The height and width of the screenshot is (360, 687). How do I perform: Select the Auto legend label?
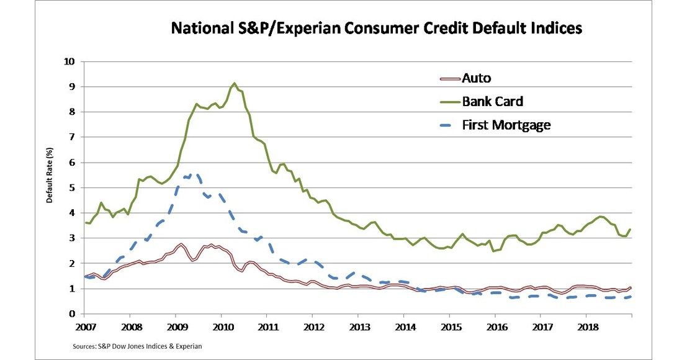(x=476, y=78)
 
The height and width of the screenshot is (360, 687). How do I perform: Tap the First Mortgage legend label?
(x=506, y=125)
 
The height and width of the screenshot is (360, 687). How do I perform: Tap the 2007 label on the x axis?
(x=85, y=326)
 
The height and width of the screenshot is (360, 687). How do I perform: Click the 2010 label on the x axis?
(x=222, y=326)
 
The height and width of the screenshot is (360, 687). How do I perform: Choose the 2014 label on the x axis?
(x=405, y=326)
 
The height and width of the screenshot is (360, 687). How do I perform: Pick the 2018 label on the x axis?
(x=587, y=326)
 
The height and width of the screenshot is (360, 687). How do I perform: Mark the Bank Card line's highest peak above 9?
(x=234, y=83)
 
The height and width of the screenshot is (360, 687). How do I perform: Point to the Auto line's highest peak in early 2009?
(x=181, y=245)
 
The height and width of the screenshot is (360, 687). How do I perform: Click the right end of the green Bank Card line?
(x=631, y=230)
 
